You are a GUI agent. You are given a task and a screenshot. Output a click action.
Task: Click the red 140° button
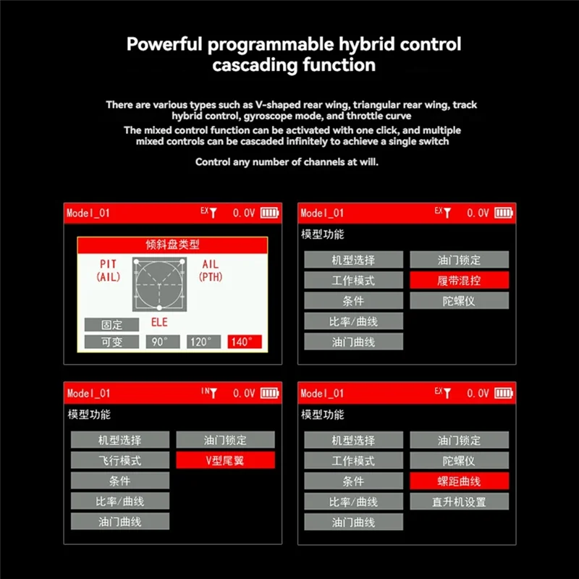(245, 342)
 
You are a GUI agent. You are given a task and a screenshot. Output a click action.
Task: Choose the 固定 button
(111, 325)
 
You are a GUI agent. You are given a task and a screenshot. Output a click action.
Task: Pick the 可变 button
(111, 342)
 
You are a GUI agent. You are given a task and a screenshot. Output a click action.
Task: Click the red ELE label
(159, 323)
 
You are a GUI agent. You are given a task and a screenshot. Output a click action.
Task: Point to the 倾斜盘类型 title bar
(173, 245)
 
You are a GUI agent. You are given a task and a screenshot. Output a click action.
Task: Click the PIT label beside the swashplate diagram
(108, 265)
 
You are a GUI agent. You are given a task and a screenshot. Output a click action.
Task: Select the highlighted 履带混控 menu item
(459, 280)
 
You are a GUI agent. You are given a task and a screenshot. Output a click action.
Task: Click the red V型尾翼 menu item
(225, 460)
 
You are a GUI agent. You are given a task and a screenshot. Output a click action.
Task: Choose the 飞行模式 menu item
(120, 460)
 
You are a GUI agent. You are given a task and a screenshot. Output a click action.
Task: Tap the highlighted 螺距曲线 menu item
(459, 481)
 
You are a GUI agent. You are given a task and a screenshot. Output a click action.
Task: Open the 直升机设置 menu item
(459, 502)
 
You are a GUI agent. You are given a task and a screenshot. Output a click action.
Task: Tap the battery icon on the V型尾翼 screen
(269, 393)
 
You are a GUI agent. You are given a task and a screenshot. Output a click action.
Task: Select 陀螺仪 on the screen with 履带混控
(459, 300)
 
